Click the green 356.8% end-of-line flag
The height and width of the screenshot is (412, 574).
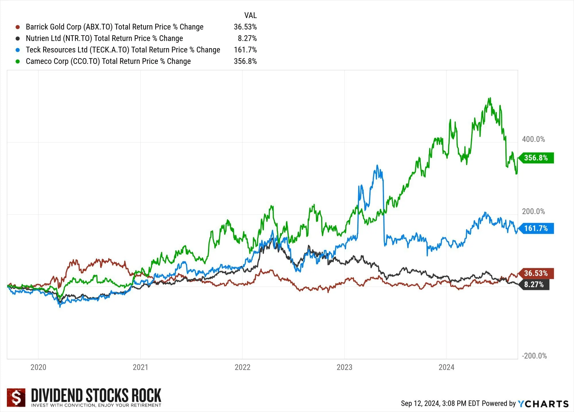click(536, 158)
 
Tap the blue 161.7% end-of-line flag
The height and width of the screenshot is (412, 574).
click(536, 228)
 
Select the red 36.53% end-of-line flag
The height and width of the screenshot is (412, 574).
click(536, 273)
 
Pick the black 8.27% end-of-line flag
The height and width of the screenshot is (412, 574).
click(534, 285)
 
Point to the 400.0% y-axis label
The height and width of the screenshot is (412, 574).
click(533, 139)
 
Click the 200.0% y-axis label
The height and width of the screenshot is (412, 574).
click(533, 211)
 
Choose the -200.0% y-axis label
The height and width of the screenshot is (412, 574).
click(534, 356)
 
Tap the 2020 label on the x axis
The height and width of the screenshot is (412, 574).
click(38, 367)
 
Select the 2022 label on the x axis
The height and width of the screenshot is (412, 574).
click(243, 367)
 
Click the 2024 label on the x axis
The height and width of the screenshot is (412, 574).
click(446, 367)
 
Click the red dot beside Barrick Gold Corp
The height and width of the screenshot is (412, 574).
click(18, 27)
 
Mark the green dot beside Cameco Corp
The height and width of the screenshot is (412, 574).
click(18, 61)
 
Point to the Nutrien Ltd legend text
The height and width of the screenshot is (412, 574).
click(104, 38)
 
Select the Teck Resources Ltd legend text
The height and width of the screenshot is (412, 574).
click(123, 50)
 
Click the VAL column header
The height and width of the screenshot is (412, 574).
click(250, 15)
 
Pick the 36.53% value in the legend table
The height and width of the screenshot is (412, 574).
click(245, 27)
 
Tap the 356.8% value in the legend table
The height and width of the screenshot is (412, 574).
click(245, 61)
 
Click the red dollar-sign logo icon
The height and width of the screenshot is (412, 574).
click(16, 397)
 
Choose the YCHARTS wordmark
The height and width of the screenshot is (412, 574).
click(543, 404)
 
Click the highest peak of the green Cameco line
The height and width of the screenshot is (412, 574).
click(490, 98)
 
